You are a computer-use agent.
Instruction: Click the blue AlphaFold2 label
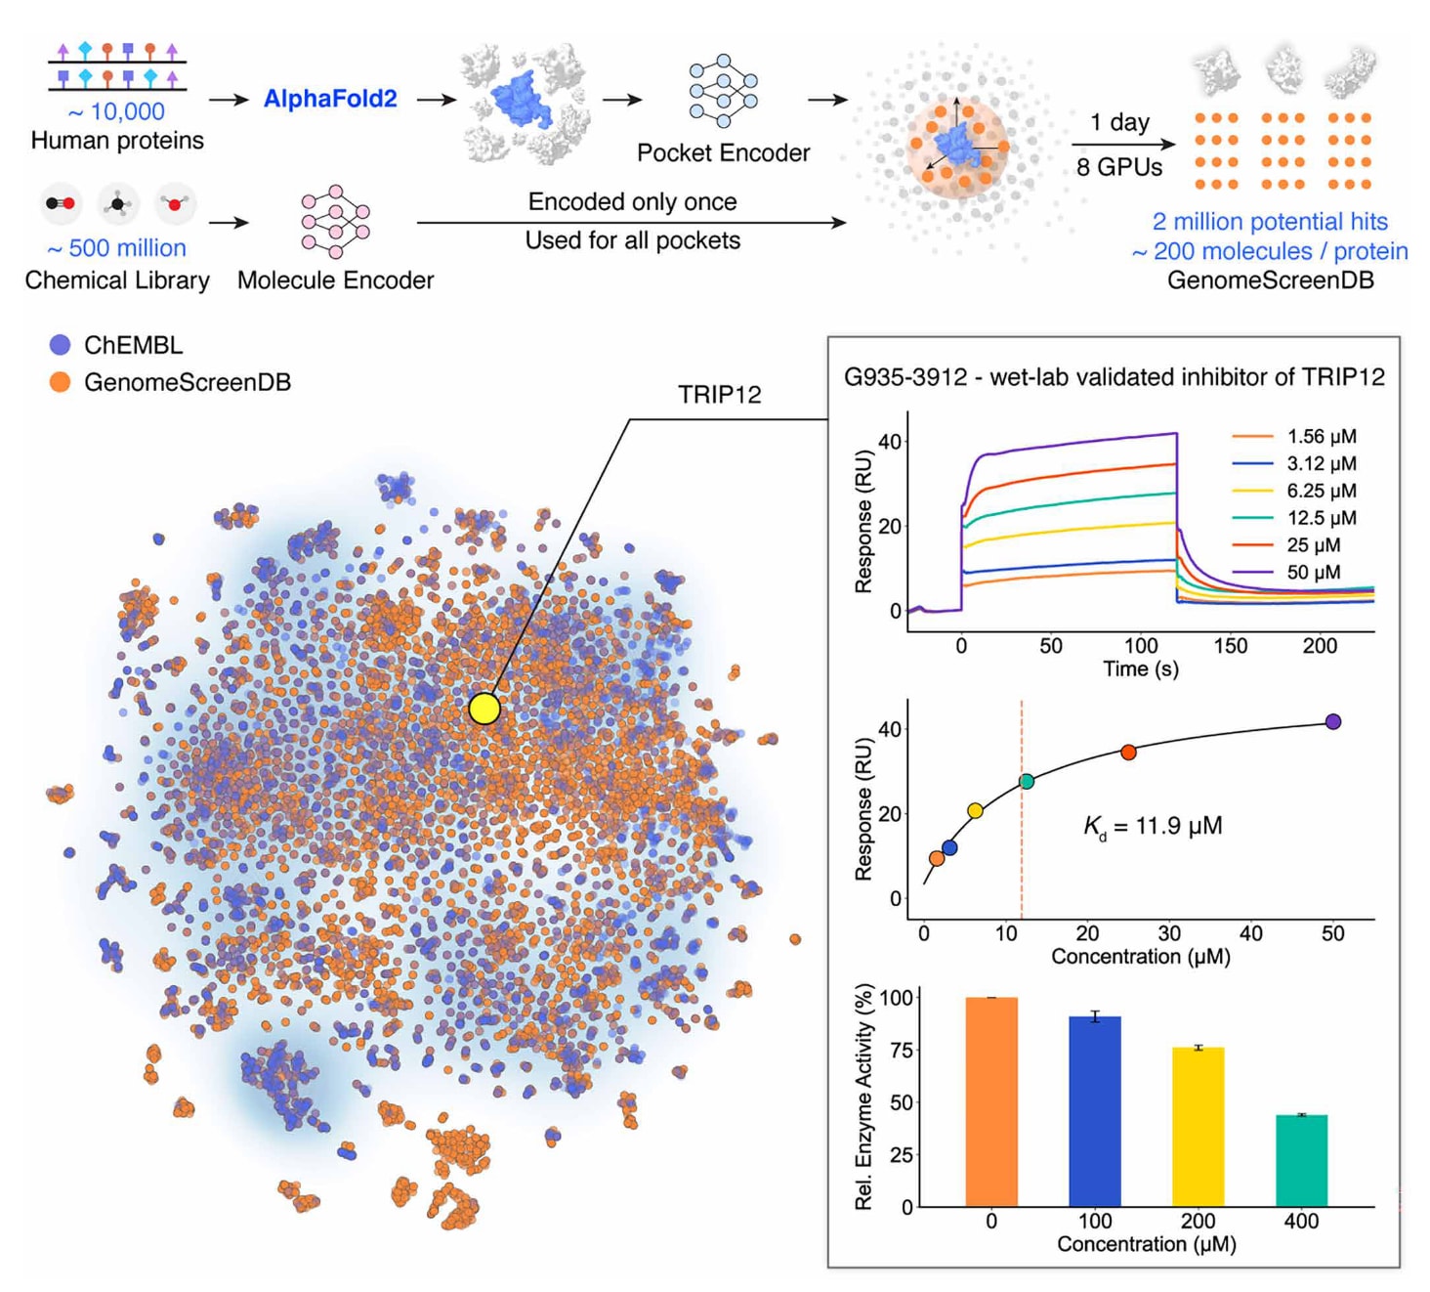point(330,99)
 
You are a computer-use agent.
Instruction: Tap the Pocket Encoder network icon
point(723,91)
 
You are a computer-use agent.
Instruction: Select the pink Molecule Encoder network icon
point(335,221)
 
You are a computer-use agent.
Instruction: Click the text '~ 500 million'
point(117,248)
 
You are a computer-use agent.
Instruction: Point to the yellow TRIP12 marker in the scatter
point(484,709)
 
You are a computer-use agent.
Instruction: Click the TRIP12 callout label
point(720,394)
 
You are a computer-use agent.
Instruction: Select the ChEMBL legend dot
point(61,345)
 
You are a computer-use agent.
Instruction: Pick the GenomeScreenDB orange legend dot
point(61,382)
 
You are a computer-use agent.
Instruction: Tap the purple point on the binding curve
point(1333,722)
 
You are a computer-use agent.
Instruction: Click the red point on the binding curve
point(1128,753)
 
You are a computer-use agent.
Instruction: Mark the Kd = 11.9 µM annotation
point(1153,827)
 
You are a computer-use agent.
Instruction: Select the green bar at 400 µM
point(1301,1160)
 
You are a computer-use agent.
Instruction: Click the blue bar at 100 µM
point(1095,1111)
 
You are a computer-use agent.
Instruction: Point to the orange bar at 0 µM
point(991,1101)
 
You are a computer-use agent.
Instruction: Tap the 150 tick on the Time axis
point(1230,646)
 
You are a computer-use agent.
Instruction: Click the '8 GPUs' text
point(1119,167)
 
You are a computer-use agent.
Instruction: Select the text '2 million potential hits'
point(1270,222)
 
